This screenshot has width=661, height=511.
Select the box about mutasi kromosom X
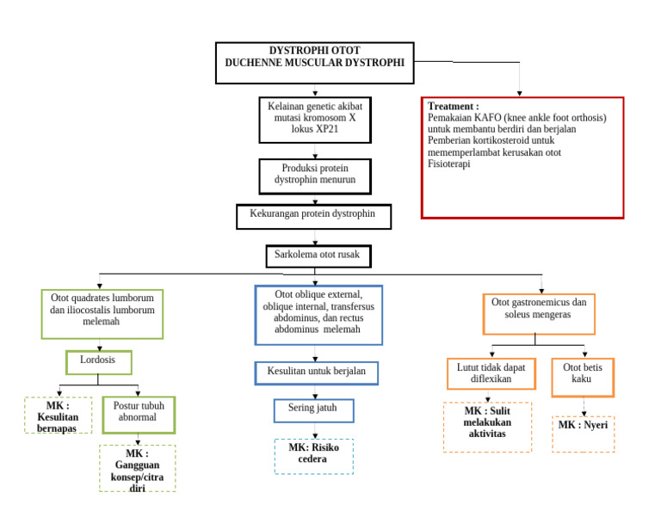pos(315,119)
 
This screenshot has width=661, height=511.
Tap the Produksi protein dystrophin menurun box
pos(315,175)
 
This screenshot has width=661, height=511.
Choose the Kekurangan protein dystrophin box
pos(313,216)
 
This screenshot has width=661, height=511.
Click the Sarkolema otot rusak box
pos(318,255)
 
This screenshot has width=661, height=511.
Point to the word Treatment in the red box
pos(453,106)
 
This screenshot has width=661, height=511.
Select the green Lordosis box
pos(98,362)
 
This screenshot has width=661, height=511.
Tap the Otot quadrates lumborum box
pos(102,313)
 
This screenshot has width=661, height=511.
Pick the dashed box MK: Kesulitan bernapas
pos(58,415)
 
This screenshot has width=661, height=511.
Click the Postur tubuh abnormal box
pos(139,415)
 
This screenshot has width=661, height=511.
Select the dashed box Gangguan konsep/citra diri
pos(138,469)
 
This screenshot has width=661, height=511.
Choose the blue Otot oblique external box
pos(318,315)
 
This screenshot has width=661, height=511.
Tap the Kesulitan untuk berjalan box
pos(317,372)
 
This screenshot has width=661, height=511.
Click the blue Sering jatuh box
pos(313,410)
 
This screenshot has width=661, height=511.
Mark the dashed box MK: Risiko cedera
pos(313,456)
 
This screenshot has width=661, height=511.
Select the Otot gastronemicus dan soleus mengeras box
pos(539,313)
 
